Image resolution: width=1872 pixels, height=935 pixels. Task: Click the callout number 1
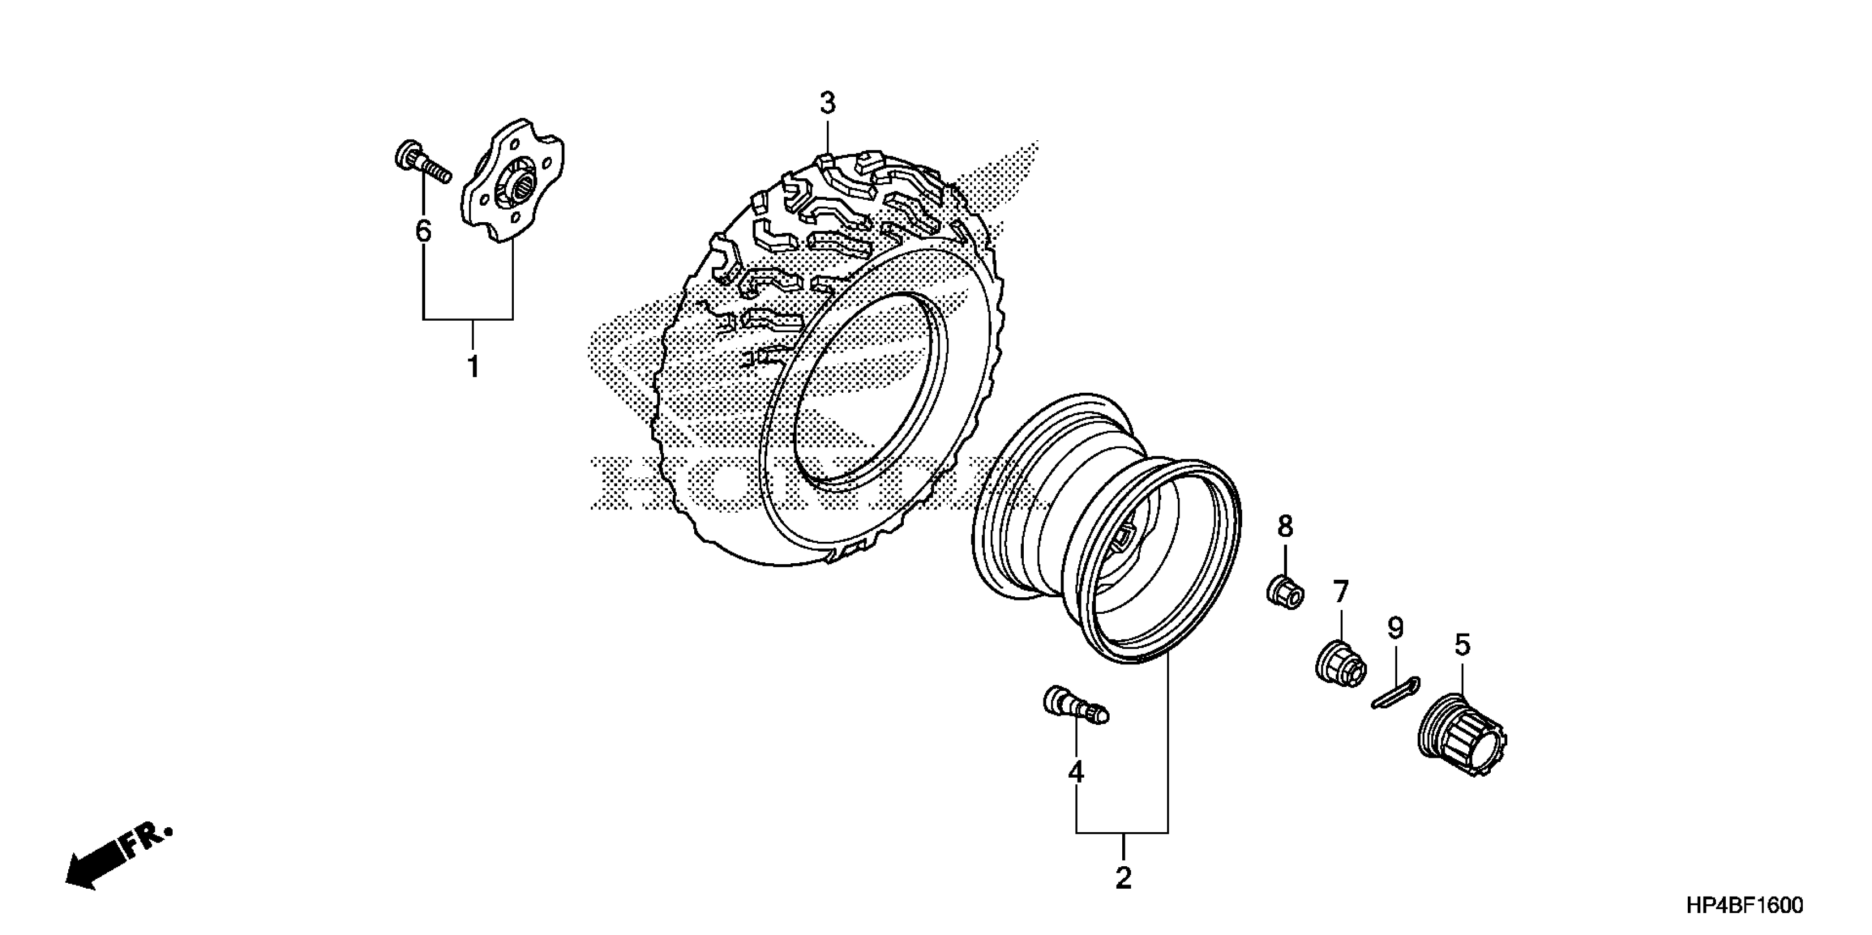click(473, 367)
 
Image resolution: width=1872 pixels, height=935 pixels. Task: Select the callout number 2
click(1123, 878)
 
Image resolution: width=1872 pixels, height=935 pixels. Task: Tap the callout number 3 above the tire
click(828, 104)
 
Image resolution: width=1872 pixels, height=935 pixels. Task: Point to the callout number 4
click(1075, 772)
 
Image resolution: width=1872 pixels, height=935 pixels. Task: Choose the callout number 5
click(1462, 645)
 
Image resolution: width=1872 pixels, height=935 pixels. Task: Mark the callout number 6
click(423, 231)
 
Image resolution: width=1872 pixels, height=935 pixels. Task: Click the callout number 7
click(1340, 592)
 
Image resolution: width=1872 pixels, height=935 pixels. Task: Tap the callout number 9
click(1395, 629)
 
